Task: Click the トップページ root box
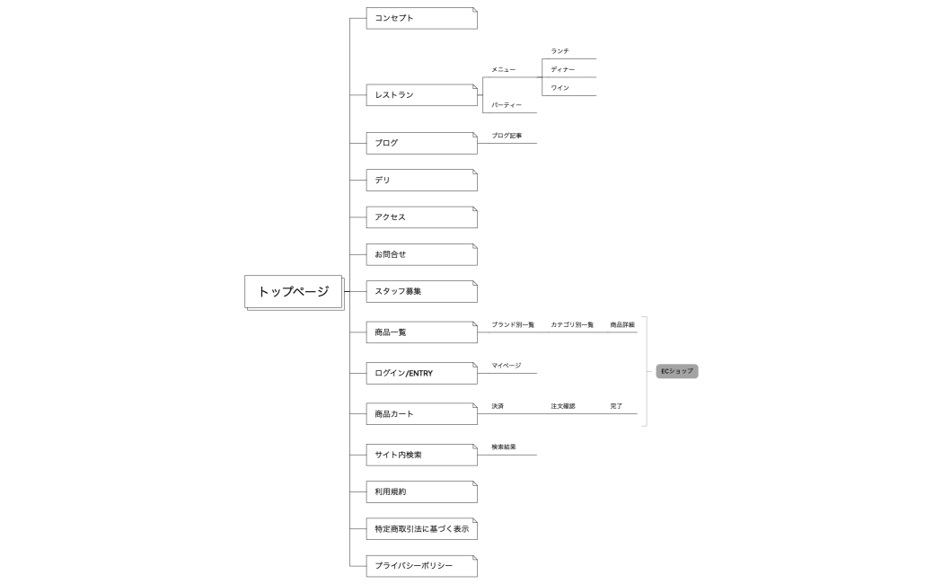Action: coord(293,291)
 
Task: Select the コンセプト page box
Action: coord(421,18)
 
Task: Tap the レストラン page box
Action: coord(421,94)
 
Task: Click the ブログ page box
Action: coord(421,143)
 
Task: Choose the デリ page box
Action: coord(421,181)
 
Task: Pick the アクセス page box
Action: coord(421,217)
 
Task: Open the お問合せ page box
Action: coord(421,254)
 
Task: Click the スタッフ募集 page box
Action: coord(421,292)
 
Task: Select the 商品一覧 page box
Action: coord(421,332)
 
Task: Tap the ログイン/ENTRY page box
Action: coord(421,373)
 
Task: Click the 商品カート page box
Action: coord(421,414)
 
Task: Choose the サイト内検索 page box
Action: coord(421,455)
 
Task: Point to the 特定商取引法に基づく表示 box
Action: coord(421,529)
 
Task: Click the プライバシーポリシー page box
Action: coord(421,566)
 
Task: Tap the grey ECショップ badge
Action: coord(677,370)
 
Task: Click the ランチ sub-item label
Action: coord(560,51)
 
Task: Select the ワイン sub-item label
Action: coord(560,87)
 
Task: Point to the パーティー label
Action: coord(507,105)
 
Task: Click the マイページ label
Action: coord(506,366)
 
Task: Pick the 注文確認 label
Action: coord(563,406)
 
